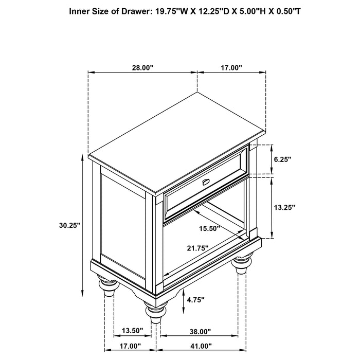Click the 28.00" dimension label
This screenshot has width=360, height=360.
click(142, 67)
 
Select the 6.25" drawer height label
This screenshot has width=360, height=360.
click(282, 159)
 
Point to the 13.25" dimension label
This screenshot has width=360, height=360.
click(284, 207)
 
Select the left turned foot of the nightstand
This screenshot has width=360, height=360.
click(106, 286)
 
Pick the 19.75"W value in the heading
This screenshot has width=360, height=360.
click(167, 10)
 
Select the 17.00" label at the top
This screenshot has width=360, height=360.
click(231, 67)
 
